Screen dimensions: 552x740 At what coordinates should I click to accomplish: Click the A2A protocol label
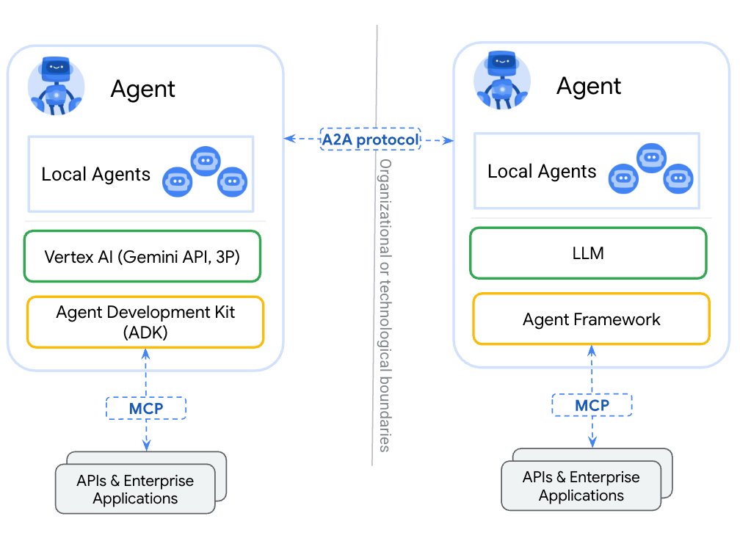pyautogui.click(x=370, y=139)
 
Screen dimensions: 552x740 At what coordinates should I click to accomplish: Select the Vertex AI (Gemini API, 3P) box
pyautogui.click(x=142, y=256)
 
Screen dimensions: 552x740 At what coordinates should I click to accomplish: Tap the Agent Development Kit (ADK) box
pyautogui.click(x=145, y=322)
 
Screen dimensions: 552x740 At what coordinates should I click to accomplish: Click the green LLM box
pyautogui.click(x=588, y=253)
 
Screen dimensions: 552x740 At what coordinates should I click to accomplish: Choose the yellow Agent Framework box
pyautogui.click(x=591, y=319)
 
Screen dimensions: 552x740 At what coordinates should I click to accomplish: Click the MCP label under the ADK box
pyautogui.click(x=146, y=407)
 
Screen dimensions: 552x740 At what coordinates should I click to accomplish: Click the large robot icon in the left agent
pyautogui.click(x=56, y=86)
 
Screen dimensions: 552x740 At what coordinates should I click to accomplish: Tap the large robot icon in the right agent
pyautogui.click(x=502, y=83)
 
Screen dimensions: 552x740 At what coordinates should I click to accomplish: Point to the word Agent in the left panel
pyautogui.click(x=142, y=89)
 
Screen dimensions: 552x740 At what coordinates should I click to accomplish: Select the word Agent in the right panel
pyautogui.click(x=588, y=86)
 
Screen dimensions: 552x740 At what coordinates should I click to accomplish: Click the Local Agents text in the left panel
pyautogui.click(x=95, y=175)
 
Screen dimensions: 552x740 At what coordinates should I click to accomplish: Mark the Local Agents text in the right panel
pyautogui.click(x=542, y=172)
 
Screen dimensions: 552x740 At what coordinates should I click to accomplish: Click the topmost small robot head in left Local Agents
pyautogui.click(x=206, y=161)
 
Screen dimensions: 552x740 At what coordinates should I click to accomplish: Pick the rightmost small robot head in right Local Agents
pyautogui.click(x=678, y=178)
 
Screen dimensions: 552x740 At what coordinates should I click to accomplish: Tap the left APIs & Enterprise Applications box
pyautogui.click(x=135, y=490)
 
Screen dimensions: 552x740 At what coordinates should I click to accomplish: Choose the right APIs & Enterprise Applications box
pyautogui.click(x=581, y=486)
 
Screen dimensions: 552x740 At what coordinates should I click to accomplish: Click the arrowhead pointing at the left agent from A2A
pyautogui.click(x=289, y=138)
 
